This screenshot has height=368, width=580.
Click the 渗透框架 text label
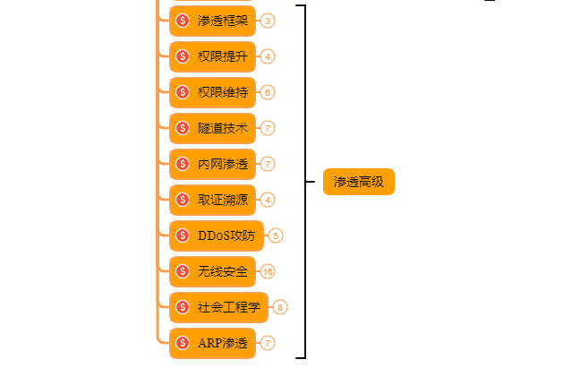click(x=223, y=20)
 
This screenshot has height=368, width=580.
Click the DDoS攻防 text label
click(x=226, y=235)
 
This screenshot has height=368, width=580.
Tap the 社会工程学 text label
click(x=229, y=307)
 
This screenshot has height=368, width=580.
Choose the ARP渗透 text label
click(x=223, y=342)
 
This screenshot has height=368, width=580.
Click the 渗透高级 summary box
click(x=358, y=182)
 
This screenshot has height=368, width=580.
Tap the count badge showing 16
click(x=268, y=271)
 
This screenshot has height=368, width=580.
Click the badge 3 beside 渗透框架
click(x=268, y=21)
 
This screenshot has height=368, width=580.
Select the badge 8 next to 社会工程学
click(x=280, y=307)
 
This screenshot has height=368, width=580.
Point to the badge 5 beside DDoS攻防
click(x=276, y=235)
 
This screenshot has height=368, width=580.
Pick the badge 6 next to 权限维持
click(x=268, y=92)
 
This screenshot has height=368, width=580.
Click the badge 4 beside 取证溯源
click(x=268, y=200)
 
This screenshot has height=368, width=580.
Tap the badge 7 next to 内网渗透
click(x=268, y=164)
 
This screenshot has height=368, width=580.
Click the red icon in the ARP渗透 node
click(x=183, y=342)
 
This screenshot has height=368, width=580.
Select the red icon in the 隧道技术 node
click(x=183, y=127)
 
